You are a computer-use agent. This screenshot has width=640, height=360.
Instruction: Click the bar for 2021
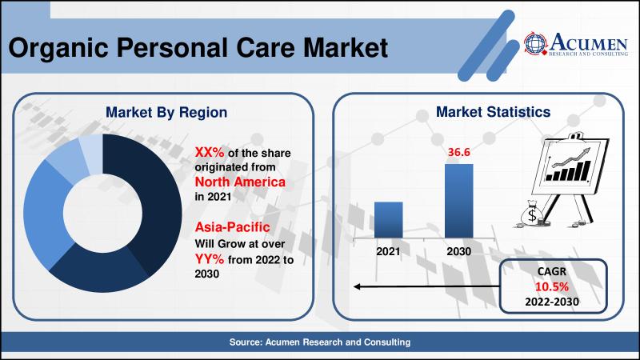coord(388,219)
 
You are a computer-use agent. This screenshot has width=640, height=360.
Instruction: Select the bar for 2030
coord(458,201)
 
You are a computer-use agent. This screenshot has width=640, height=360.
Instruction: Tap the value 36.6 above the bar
coord(458,152)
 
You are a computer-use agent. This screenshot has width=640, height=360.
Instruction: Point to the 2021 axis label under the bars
coord(388,251)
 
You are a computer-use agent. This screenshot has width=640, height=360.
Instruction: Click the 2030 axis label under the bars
coord(458,251)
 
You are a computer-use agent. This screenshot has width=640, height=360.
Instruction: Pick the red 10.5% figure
coord(552,287)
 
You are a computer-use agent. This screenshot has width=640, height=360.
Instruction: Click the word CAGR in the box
coord(552,271)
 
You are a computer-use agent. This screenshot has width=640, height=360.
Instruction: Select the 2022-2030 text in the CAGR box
coord(552,302)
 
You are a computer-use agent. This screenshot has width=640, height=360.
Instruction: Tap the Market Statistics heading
coord(493,112)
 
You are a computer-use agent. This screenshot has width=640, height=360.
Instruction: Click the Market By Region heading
coord(166,113)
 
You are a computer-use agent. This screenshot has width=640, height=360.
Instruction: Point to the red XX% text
coord(210,152)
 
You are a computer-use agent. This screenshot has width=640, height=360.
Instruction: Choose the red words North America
coord(240,182)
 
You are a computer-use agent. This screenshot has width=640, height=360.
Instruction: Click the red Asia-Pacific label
coord(232,227)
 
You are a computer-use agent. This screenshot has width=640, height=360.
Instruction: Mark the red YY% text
coord(210,258)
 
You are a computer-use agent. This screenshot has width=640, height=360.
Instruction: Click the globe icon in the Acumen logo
coord(535,43)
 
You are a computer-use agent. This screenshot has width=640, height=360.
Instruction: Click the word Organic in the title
coord(58,48)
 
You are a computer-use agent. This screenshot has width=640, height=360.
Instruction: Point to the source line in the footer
coord(320,342)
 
